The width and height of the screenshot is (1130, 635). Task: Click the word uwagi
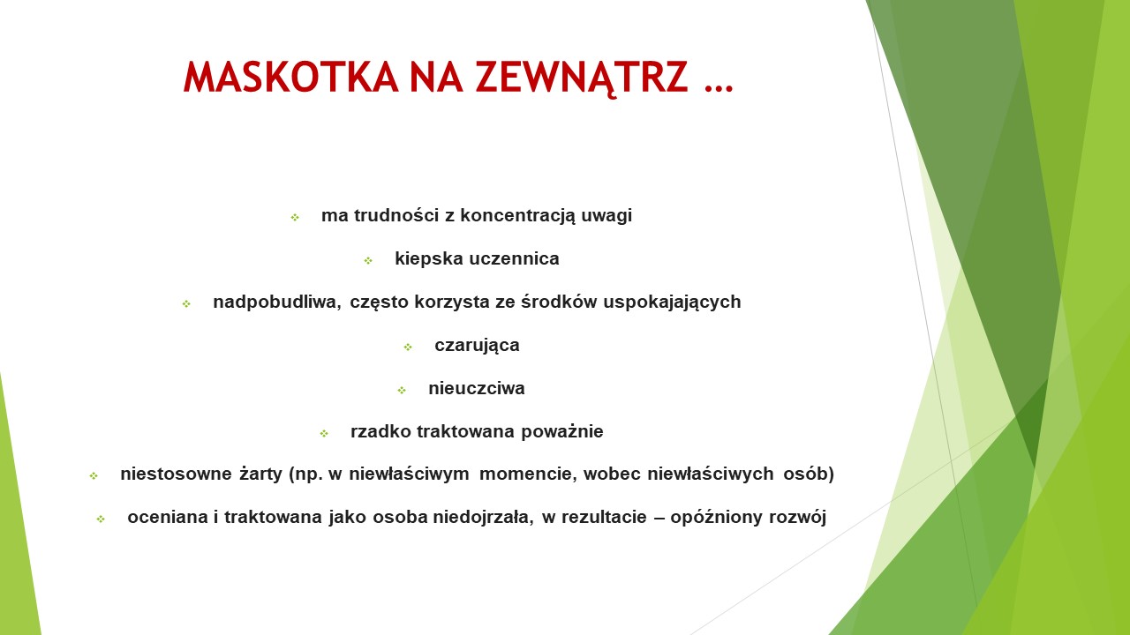606,217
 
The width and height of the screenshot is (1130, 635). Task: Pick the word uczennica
515,258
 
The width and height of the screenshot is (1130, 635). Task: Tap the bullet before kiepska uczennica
368,260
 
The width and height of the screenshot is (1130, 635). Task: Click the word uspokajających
672,303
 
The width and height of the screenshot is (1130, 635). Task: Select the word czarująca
477,346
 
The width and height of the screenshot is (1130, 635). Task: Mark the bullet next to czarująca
408,347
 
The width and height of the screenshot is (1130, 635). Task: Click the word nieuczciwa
477,389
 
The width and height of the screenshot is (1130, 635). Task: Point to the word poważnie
562,432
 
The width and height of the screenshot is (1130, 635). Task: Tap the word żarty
260,474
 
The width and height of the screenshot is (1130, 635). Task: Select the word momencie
528,474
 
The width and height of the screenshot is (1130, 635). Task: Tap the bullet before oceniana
101,519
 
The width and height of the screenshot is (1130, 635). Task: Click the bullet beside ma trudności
295,218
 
